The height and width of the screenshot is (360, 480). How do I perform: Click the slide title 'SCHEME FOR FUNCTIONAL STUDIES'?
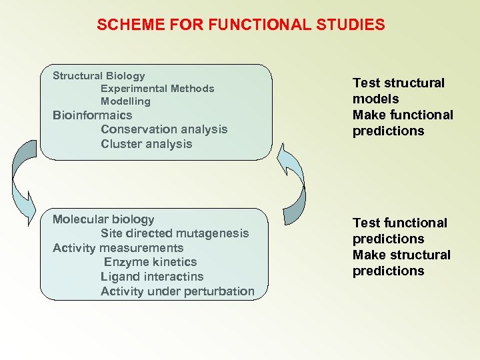(241, 25)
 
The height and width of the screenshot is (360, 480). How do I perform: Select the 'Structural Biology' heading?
(99, 76)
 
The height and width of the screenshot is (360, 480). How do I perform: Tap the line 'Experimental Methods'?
(157, 89)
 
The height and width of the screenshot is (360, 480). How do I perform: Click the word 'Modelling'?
(125, 101)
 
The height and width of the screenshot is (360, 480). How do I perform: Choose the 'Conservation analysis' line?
(164, 129)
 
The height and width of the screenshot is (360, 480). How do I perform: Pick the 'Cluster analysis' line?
(146, 144)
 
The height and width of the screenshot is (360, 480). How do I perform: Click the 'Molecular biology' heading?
(103, 219)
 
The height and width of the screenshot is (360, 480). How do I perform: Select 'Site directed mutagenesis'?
(175, 233)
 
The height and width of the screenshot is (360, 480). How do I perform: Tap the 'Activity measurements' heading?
(118, 248)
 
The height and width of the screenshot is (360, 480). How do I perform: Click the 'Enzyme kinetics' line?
(150, 262)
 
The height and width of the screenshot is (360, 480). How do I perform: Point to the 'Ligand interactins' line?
(152, 277)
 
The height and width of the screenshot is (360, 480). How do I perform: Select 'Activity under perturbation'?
(177, 291)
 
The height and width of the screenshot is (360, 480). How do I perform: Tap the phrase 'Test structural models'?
(398, 91)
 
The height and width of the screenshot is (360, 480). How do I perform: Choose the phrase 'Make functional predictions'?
(402, 123)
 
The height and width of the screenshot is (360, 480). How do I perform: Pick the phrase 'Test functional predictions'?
(400, 231)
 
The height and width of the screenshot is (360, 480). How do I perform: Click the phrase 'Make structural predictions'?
(401, 263)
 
